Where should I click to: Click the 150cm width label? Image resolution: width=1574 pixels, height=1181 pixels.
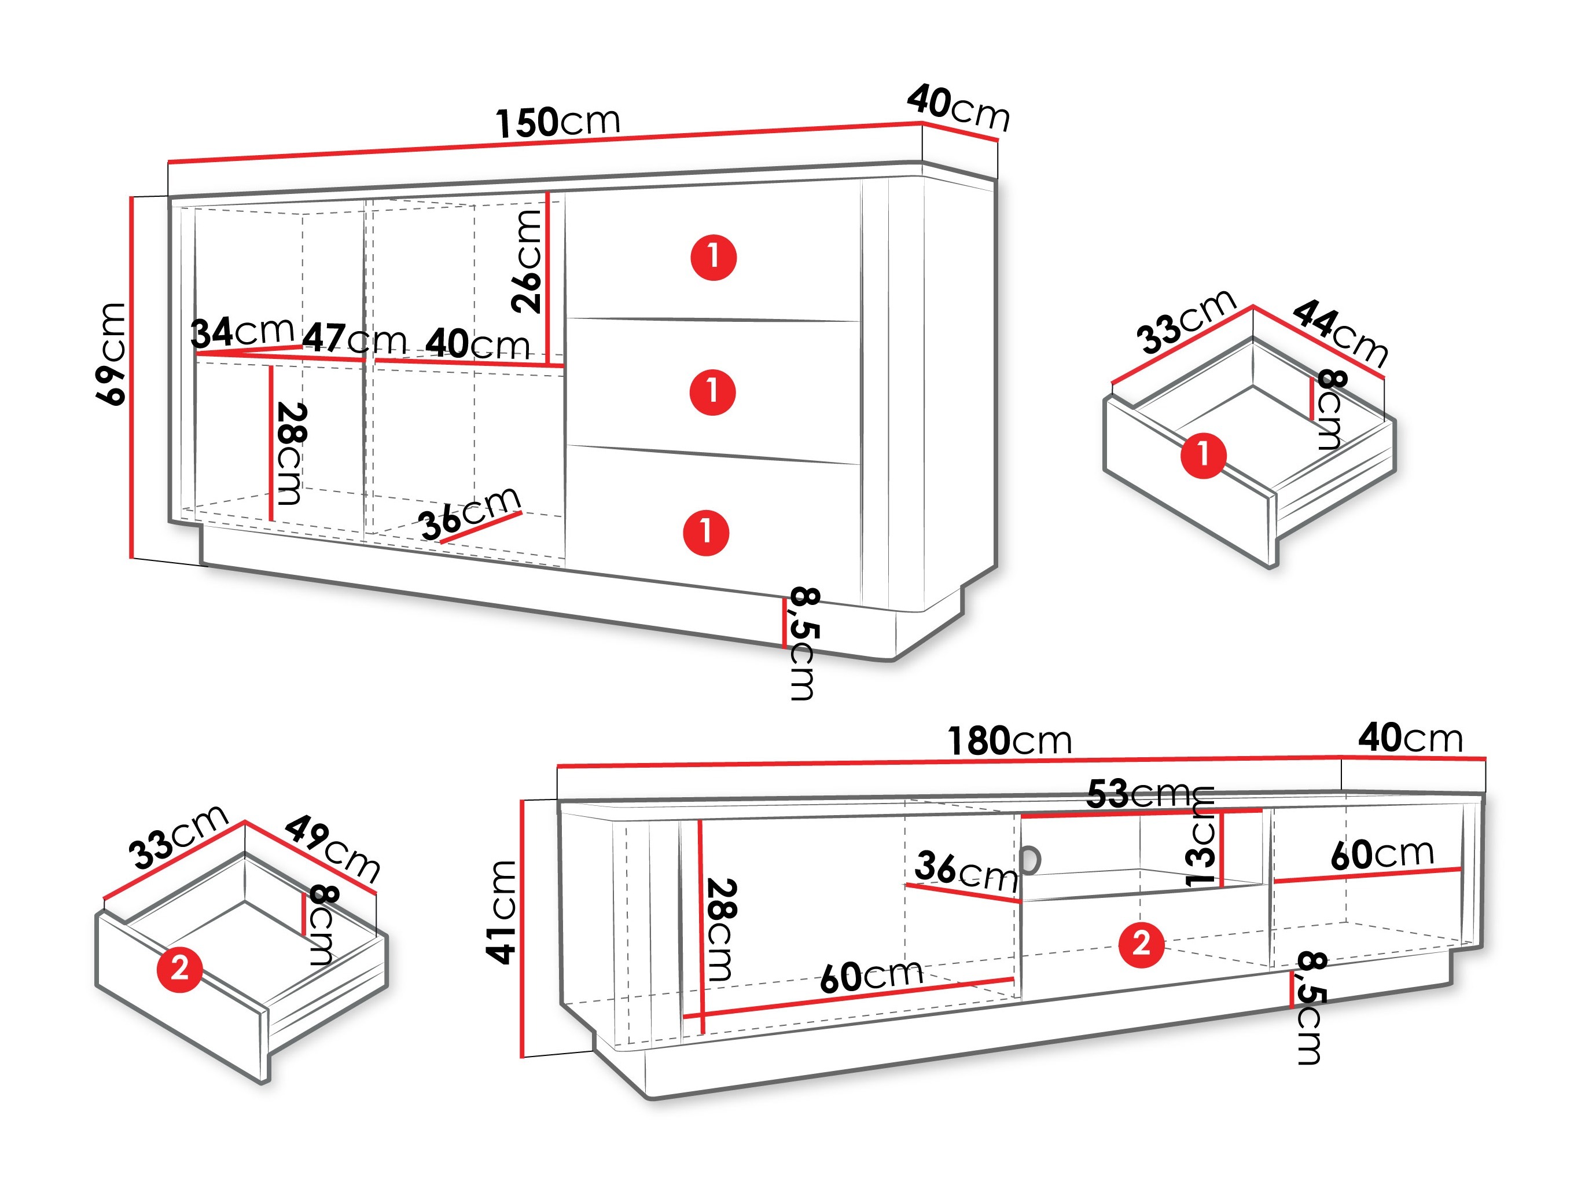coord(558,123)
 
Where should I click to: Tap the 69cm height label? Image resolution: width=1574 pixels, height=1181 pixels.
coord(111,354)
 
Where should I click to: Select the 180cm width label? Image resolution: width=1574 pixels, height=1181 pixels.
coord(1009,741)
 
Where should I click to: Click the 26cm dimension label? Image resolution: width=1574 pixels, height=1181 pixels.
coord(527,261)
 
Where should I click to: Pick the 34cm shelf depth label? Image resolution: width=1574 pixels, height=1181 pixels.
coord(242,332)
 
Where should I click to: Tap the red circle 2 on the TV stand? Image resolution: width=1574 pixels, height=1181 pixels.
coord(1141,945)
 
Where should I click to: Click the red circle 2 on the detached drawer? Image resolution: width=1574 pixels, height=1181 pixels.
coord(179,968)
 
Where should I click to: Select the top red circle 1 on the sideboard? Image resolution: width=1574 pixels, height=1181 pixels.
coord(714,257)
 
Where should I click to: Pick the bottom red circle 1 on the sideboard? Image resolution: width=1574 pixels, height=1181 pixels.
coord(706,532)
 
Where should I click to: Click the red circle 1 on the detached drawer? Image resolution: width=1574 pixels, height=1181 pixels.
coord(1203,455)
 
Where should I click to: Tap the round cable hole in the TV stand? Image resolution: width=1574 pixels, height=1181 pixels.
coord(1029,859)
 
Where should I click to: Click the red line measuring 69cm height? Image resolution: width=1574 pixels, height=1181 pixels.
coord(131,377)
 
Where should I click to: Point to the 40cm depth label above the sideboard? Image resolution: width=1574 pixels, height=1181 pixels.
coord(958,109)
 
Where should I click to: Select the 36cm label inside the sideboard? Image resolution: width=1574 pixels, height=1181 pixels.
coord(470,512)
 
